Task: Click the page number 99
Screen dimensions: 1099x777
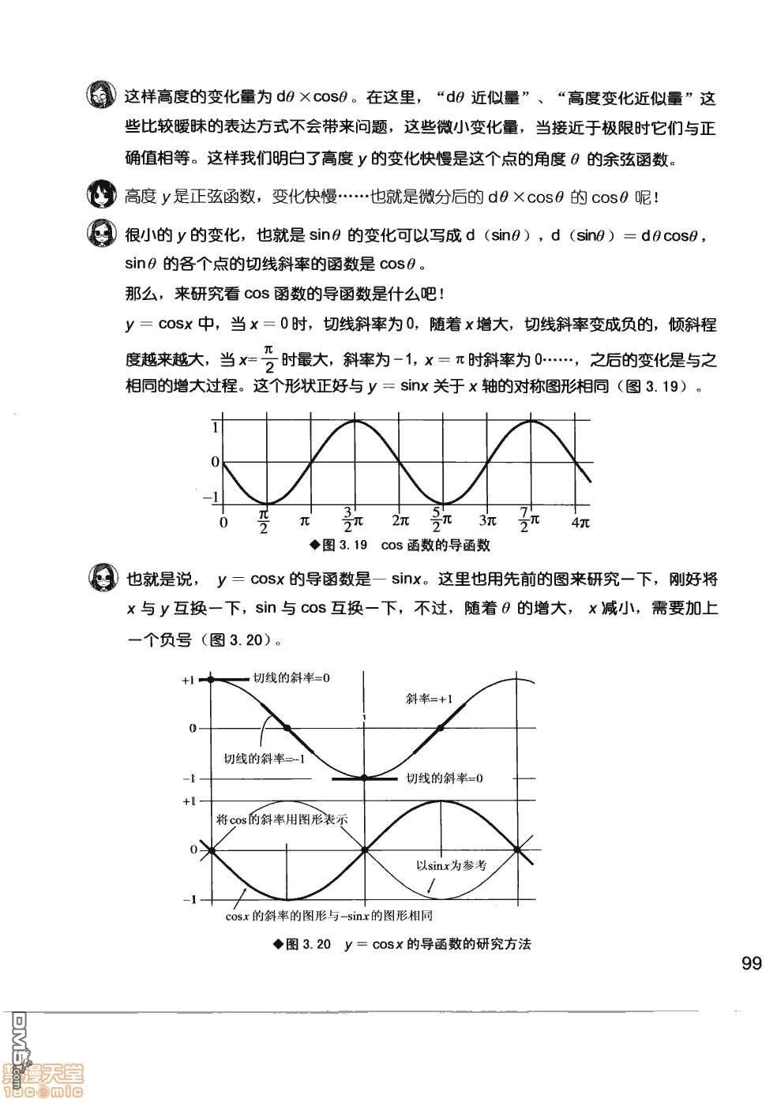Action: [751, 963]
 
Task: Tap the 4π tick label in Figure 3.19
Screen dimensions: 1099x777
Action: [580, 522]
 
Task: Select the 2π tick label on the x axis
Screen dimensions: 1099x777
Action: [400, 521]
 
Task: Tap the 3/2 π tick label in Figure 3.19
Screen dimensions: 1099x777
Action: [352, 521]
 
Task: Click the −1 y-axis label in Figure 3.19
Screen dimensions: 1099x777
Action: [212, 498]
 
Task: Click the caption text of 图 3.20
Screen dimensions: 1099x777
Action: [401, 944]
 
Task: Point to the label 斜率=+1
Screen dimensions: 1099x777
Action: [429, 698]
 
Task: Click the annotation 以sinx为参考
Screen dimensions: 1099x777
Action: [451, 865]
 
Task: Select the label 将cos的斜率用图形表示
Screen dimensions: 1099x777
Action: [282, 820]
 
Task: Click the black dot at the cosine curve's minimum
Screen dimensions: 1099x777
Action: [364, 778]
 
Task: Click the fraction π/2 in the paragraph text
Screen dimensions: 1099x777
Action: [268, 359]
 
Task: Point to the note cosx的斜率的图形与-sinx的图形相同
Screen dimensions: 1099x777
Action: [328, 917]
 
